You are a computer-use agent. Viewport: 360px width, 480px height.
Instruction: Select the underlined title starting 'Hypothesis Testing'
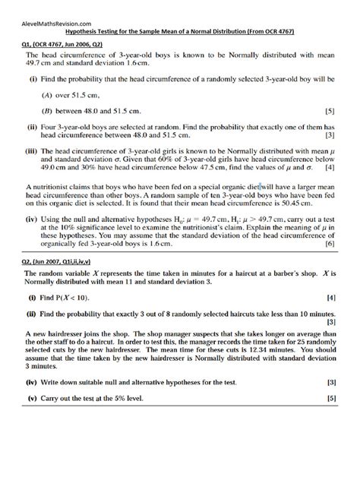179,33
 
